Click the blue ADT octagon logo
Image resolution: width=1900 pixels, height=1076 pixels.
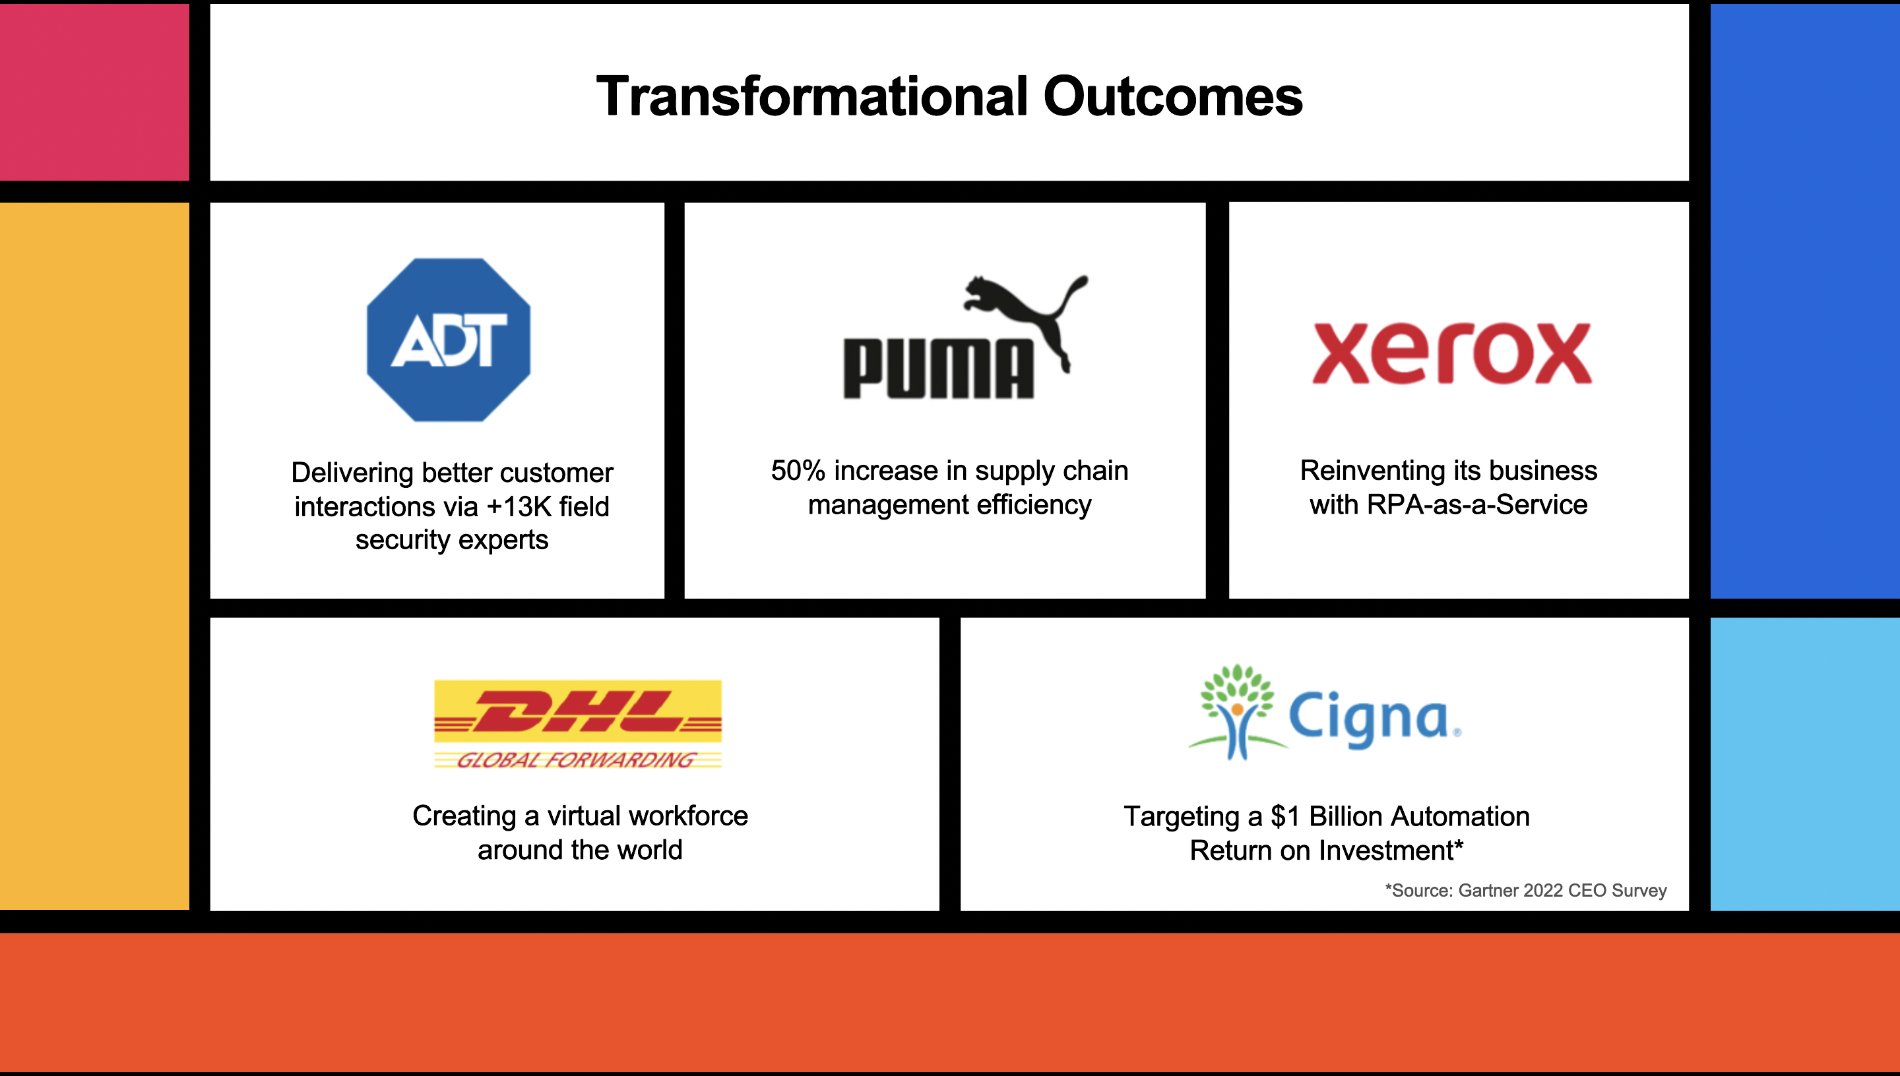click(x=448, y=340)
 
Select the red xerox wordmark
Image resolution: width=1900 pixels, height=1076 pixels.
click(x=1451, y=353)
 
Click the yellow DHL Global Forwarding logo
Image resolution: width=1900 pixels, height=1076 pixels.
click(x=577, y=724)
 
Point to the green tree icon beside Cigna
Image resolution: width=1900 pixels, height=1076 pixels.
click(x=1238, y=711)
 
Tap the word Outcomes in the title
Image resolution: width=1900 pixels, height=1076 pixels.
click(x=1172, y=96)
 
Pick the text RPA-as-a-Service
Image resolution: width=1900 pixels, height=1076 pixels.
click(x=1477, y=505)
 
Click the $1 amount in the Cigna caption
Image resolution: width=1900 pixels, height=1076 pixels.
click(x=1285, y=817)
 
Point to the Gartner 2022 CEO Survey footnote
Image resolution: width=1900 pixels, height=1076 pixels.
click(x=1526, y=891)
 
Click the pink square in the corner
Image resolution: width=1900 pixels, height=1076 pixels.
click(x=94, y=92)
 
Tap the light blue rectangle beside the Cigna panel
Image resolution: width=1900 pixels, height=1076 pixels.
click(x=1804, y=764)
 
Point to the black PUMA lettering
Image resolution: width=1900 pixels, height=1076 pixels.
click(x=938, y=369)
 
